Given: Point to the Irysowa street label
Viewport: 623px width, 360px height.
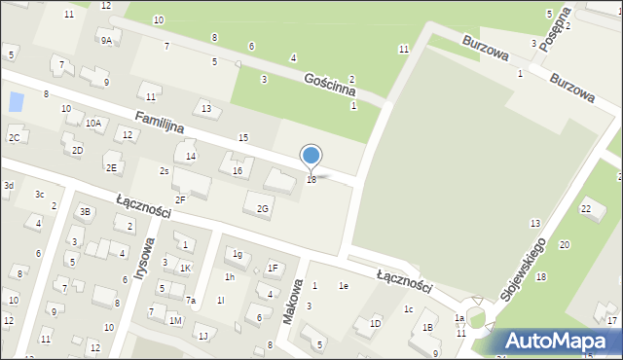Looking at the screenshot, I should (x=145, y=258).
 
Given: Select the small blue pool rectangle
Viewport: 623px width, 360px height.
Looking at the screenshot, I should (x=15, y=101).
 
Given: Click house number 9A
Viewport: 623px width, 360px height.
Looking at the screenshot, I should (x=105, y=41).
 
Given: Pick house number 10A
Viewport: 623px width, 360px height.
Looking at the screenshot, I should (x=93, y=124).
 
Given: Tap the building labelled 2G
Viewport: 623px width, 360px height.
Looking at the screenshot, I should (x=262, y=208).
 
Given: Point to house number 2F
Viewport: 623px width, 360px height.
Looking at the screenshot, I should (x=180, y=199).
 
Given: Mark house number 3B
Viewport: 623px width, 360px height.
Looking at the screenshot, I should (x=85, y=212).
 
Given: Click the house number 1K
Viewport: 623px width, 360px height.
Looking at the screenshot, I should (x=185, y=268).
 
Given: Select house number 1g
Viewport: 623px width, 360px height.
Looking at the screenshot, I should (x=238, y=254).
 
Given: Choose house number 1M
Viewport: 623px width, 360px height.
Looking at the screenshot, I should (x=175, y=320).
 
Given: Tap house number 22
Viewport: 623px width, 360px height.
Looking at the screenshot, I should (x=586, y=208).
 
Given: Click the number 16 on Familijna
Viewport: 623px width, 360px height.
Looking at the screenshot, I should (x=238, y=171).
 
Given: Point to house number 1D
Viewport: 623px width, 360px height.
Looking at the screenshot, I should (x=375, y=324).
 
